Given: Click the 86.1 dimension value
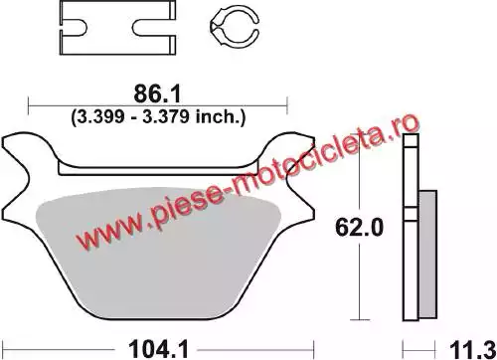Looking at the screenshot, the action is point(157,94).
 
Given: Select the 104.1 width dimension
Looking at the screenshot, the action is point(158,349).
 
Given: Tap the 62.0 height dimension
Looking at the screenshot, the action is point(359,228).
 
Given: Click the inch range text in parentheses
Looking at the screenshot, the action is point(158,117).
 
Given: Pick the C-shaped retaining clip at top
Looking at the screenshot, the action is point(234,26).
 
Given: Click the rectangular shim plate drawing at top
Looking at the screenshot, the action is point(117,28).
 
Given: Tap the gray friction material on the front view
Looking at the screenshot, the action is point(158,253).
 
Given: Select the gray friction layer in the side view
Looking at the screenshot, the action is point(427,254).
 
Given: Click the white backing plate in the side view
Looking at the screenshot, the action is point(411,228).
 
